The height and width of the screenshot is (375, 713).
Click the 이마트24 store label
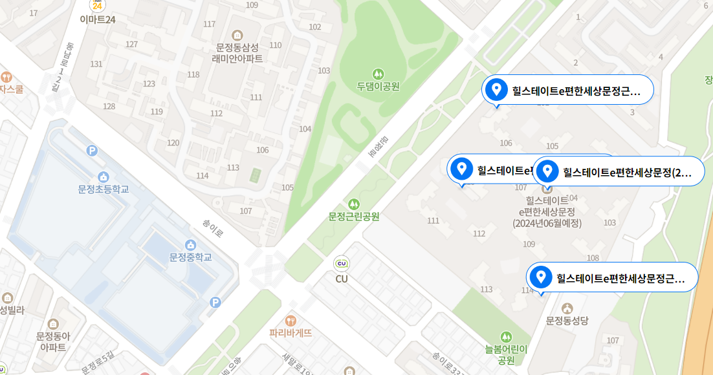pos(98,19)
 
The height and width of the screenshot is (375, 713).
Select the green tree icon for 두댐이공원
pos(378,74)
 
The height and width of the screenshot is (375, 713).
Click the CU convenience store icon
pos(342,264)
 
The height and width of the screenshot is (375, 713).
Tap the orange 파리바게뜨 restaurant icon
pos(291,320)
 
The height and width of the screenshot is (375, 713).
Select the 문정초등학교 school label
pos(103,189)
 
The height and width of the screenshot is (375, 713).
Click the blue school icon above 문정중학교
pos(191,244)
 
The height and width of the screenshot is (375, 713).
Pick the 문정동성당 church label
pos(567,321)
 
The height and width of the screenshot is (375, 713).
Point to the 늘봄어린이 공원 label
pos(507,354)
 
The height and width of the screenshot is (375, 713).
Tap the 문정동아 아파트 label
pos(53,341)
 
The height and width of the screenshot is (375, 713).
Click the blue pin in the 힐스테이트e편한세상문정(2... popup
pos(547,171)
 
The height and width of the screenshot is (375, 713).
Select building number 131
pos(97,64)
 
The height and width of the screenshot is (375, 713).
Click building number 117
pos(209,24)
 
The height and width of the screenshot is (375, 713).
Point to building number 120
pos(173,142)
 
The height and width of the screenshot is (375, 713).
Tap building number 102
pos(315,27)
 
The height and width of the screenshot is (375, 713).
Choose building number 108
pos(593,258)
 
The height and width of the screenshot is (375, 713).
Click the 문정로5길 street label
pos(97,363)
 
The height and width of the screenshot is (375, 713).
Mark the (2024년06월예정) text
pos(547,224)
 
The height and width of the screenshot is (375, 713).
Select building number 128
pos(109,106)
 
